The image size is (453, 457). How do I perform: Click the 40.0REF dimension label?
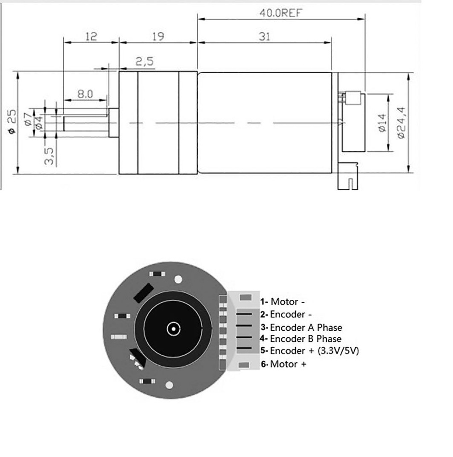coord(281,12)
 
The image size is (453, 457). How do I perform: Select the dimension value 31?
coord(265,37)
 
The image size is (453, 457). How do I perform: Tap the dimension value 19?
coord(158,37)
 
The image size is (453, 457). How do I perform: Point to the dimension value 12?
coord(91,37)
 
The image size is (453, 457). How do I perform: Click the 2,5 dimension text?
coord(144,61)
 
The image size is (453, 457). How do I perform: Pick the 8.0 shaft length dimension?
coord(85,94)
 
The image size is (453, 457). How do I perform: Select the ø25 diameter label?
coord(12,122)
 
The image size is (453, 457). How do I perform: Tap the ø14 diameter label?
coord(381,123)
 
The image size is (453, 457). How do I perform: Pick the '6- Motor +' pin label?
coord(284,365)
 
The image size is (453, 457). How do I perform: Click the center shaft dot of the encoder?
coord(173,329)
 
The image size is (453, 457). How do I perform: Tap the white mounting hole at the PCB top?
coord(178,280)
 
